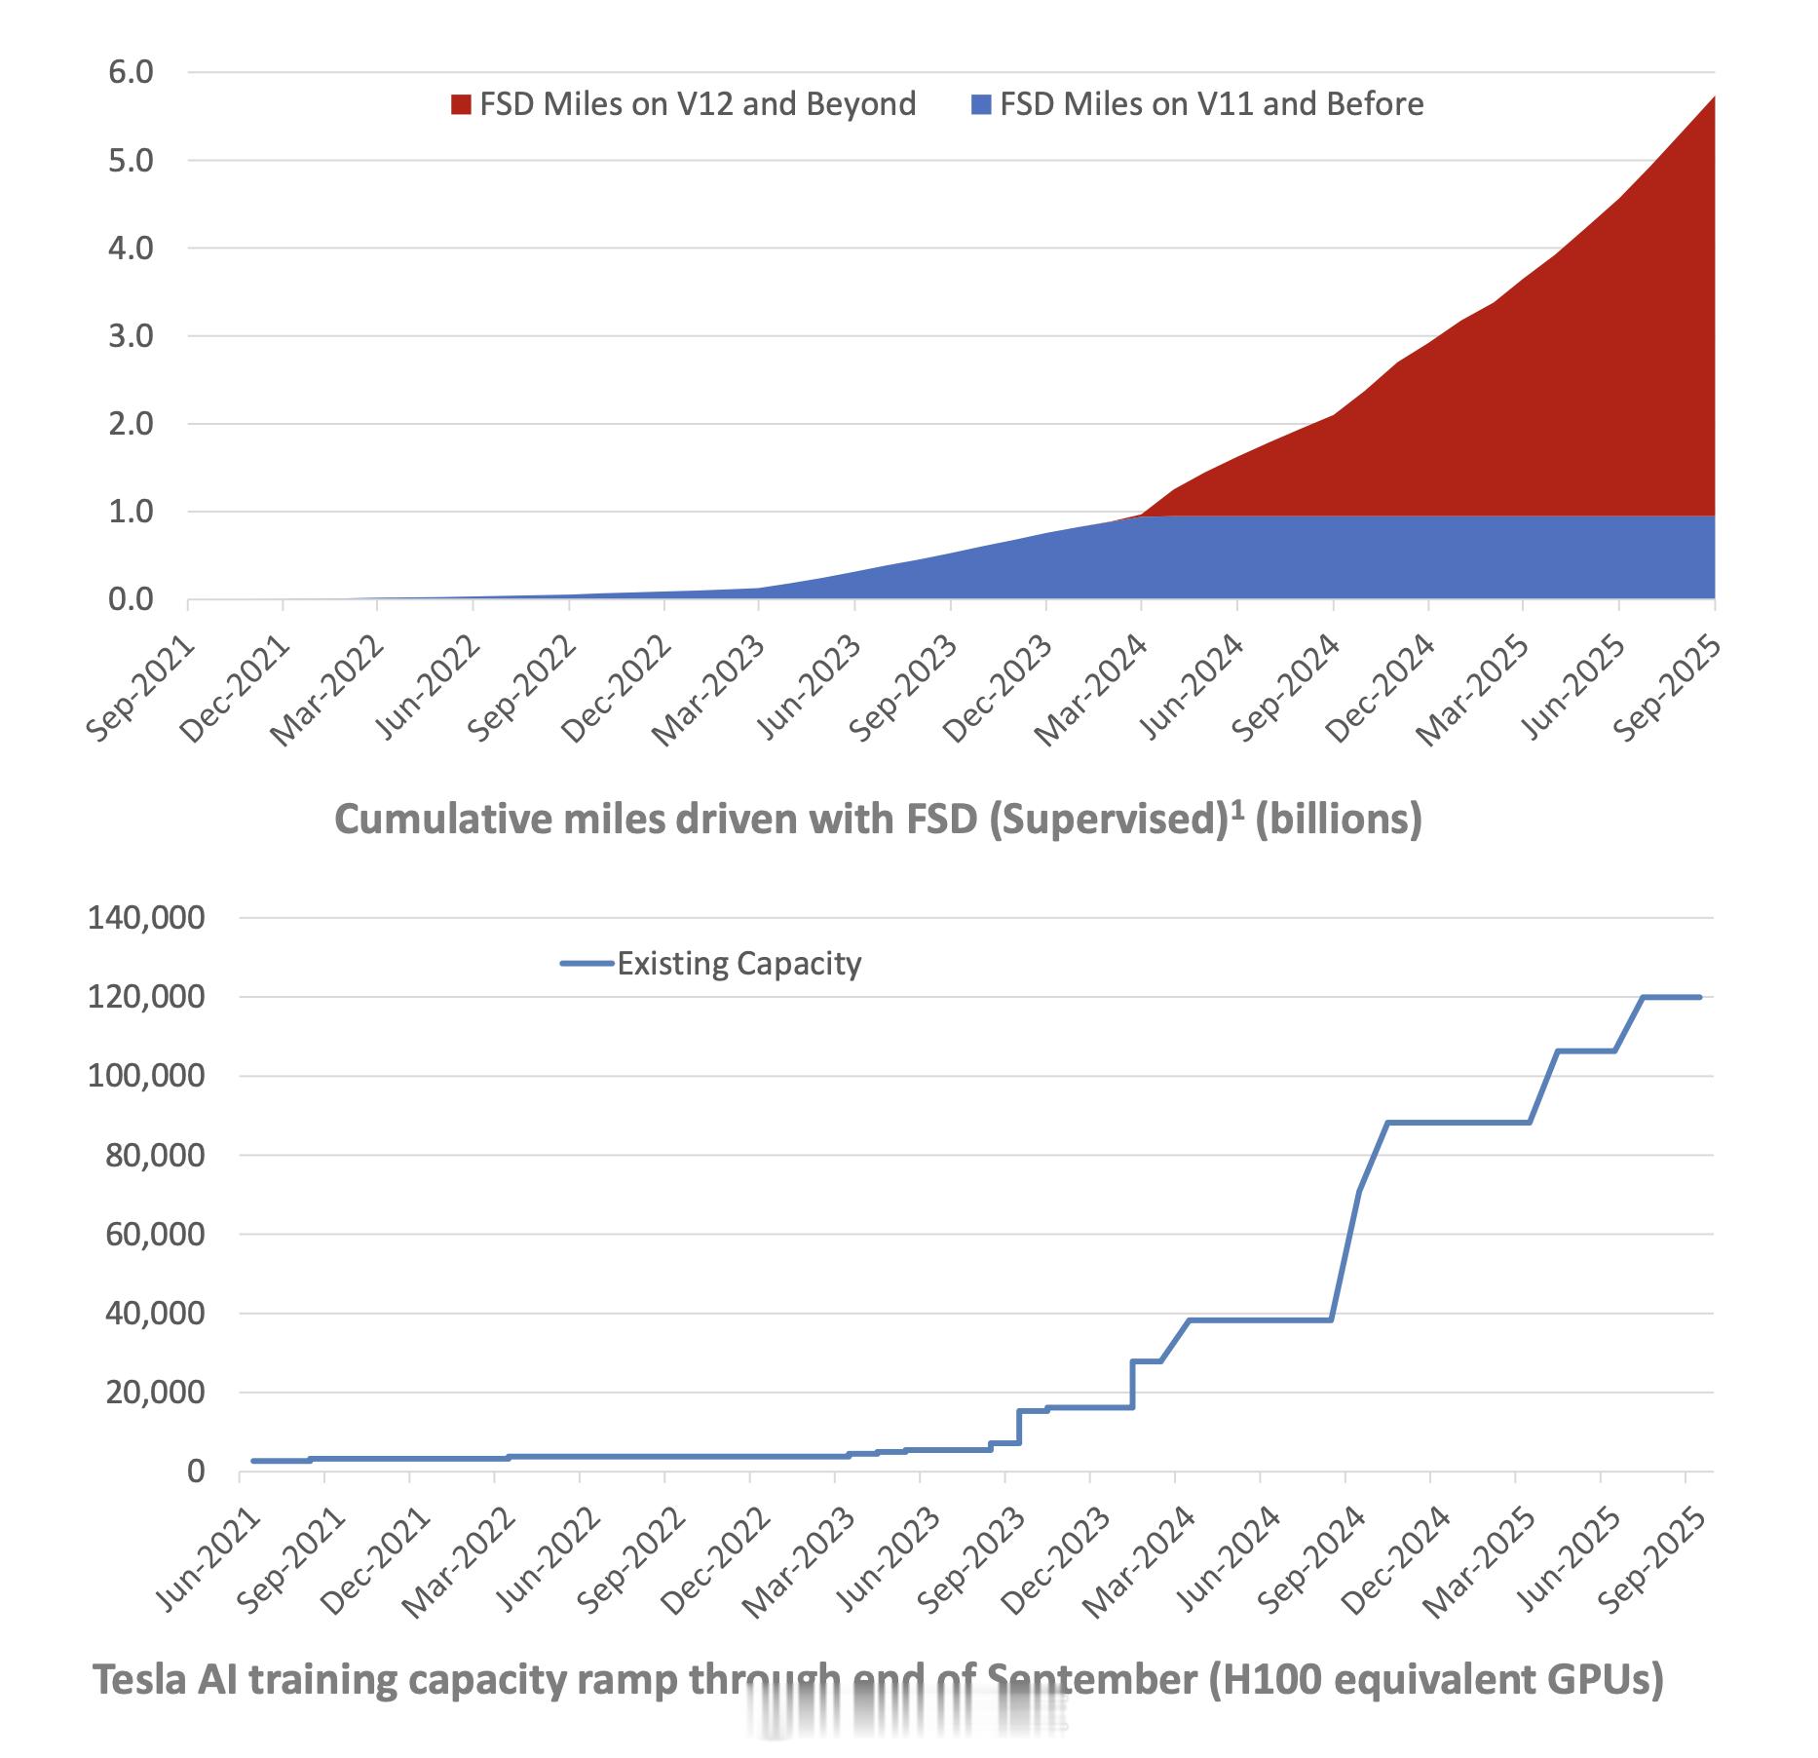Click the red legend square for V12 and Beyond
coord(461,104)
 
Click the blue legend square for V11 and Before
coord(981,104)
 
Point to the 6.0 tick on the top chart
coord(132,72)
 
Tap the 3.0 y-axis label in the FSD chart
coord(132,336)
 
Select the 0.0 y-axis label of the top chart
coord(132,599)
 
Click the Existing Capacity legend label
coord(739,964)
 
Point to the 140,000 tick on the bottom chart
coord(146,918)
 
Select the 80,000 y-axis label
coord(146,1156)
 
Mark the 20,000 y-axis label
coord(146,1393)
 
